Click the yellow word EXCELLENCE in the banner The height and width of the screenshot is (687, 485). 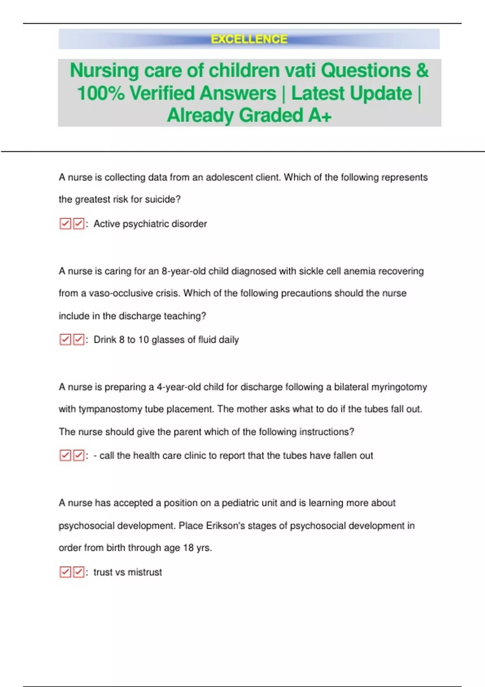tap(249, 39)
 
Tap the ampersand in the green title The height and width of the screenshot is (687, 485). tap(422, 70)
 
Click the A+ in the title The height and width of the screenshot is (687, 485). tap(320, 116)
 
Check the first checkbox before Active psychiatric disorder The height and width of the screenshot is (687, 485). tap(65, 224)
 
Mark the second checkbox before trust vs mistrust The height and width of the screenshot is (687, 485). tap(79, 572)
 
